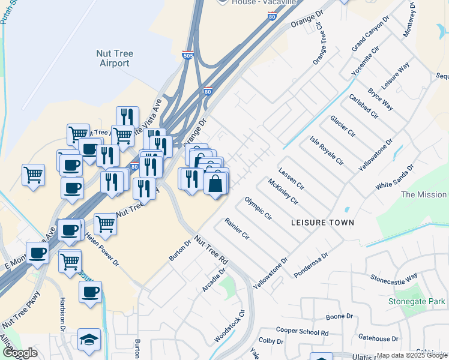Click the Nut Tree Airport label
pyautogui.click(x=114, y=58)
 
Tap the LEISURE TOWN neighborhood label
pyautogui.click(x=322, y=223)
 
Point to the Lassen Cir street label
pyautogui.click(x=292, y=178)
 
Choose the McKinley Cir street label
pyautogui.click(x=283, y=191)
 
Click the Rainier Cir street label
pyautogui.click(x=237, y=229)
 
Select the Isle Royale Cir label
pyautogui.click(x=326, y=151)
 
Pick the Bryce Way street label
pyautogui.click(x=381, y=100)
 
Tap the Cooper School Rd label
pyautogui.click(x=303, y=331)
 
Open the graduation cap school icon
pyautogui.click(x=89, y=340)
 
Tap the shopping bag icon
pyautogui.click(x=215, y=182)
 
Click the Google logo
pyautogui.click(x=20, y=353)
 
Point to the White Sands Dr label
pyautogui.click(x=395, y=178)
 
